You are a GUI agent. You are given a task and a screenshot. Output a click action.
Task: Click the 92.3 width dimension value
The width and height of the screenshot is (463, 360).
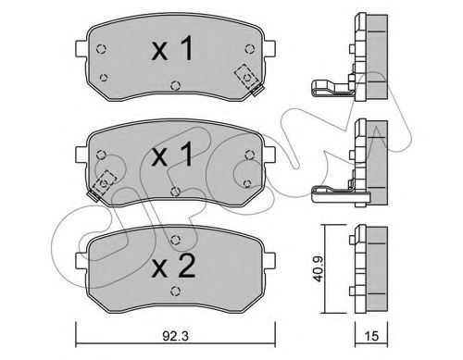[x=175, y=336]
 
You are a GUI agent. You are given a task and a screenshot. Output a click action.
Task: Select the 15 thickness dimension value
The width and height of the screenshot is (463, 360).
[x=371, y=336]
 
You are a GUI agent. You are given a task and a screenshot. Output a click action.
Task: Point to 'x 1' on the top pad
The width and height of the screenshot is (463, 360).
[x=173, y=48]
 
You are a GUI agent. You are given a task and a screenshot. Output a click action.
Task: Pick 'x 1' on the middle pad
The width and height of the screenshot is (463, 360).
[x=173, y=155]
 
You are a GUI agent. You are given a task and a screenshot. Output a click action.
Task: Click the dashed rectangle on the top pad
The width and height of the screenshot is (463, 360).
[x=246, y=77]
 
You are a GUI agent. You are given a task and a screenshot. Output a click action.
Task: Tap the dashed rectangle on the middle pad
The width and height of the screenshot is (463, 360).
[x=104, y=182]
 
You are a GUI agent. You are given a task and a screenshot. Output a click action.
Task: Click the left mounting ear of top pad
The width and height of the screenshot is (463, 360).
[x=81, y=49]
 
